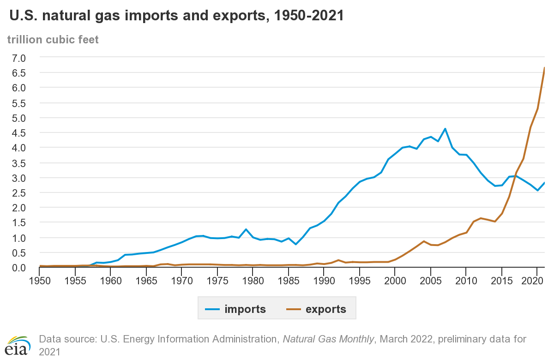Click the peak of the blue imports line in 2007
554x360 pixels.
pos(445,129)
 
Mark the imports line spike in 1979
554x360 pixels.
pos(246,229)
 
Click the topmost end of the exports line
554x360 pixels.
pos(544,68)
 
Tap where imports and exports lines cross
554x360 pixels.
pos(515,176)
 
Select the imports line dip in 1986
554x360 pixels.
pos(296,244)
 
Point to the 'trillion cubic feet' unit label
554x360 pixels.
pos(53,40)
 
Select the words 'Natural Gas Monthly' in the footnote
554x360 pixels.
pos(328,339)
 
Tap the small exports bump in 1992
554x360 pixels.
pos(338,260)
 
